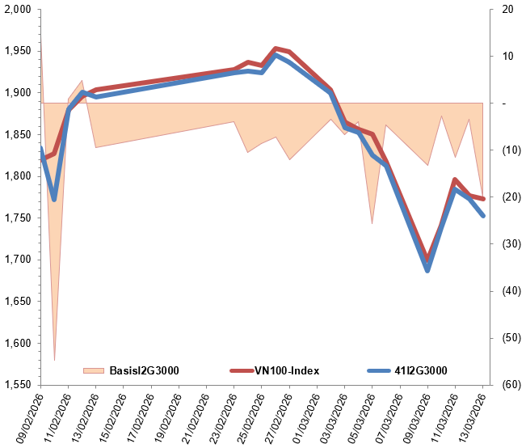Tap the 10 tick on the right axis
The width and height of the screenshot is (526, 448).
coord(507,57)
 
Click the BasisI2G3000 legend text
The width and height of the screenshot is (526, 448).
coord(143,370)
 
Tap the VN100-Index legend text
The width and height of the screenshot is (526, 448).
coord(288,370)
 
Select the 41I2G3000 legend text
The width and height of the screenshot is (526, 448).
coord(419,370)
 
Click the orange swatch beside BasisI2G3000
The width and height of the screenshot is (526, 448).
coord(94,370)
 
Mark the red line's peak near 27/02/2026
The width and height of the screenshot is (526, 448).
coord(276,49)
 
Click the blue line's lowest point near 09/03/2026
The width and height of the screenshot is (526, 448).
coord(427,270)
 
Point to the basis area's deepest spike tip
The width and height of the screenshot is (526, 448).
coord(54,360)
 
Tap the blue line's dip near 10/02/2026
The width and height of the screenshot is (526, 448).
coord(54,199)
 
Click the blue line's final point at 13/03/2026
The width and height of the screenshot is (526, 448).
coord(483,216)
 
